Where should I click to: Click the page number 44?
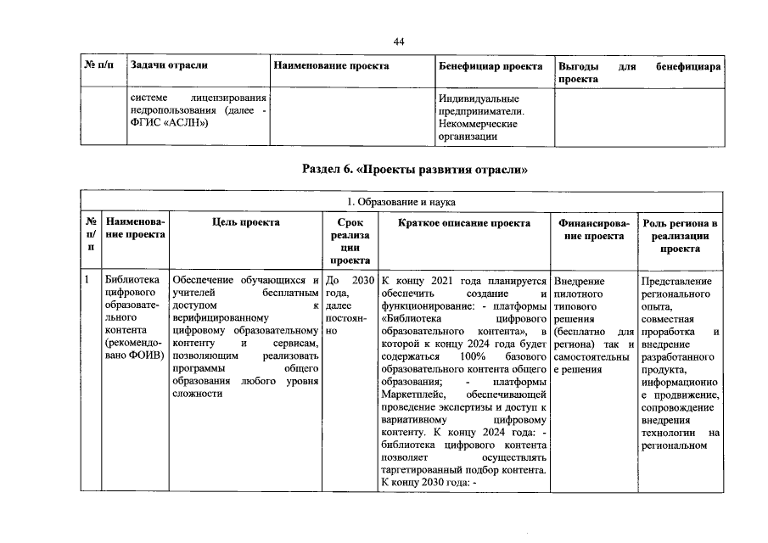398,42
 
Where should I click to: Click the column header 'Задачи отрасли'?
169,65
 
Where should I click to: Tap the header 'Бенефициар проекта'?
491,65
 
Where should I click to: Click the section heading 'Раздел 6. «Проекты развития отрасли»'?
415,169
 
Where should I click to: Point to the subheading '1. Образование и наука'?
402,202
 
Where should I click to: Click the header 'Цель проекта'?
246,222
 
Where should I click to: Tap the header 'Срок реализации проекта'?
345,242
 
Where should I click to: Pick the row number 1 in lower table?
87,280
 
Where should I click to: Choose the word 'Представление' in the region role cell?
676,281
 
